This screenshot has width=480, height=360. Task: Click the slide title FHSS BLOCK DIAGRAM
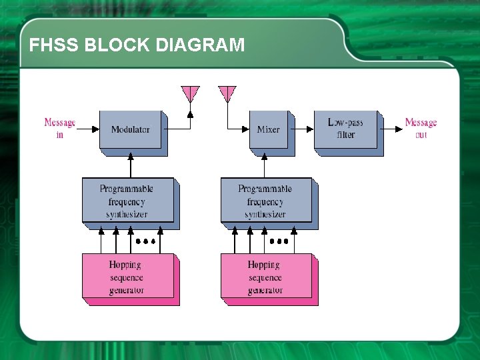point(137,45)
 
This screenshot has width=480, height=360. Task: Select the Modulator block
point(131,129)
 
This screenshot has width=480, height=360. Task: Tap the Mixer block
point(268,129)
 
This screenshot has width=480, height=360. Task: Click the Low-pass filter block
point(345,129)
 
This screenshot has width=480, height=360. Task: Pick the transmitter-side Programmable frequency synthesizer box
point(127,200)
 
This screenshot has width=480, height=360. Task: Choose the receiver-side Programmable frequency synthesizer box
point(265,200)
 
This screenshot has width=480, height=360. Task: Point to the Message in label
point(59,128)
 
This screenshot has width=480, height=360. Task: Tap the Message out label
point(421,128)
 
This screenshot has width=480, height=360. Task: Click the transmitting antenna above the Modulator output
point(190,93)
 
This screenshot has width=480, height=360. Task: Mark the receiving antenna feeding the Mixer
point(227,93)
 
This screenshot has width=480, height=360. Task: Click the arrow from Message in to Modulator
point(87,129)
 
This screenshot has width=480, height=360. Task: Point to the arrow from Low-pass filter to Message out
point(391,129)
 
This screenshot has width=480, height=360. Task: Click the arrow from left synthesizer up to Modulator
point(131,165)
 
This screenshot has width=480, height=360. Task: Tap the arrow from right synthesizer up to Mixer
point(265,165)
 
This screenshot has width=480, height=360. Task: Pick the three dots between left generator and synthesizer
point(146,241)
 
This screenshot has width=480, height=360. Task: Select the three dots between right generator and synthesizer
point(279,241)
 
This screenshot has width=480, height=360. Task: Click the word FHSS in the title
point(53,45)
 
